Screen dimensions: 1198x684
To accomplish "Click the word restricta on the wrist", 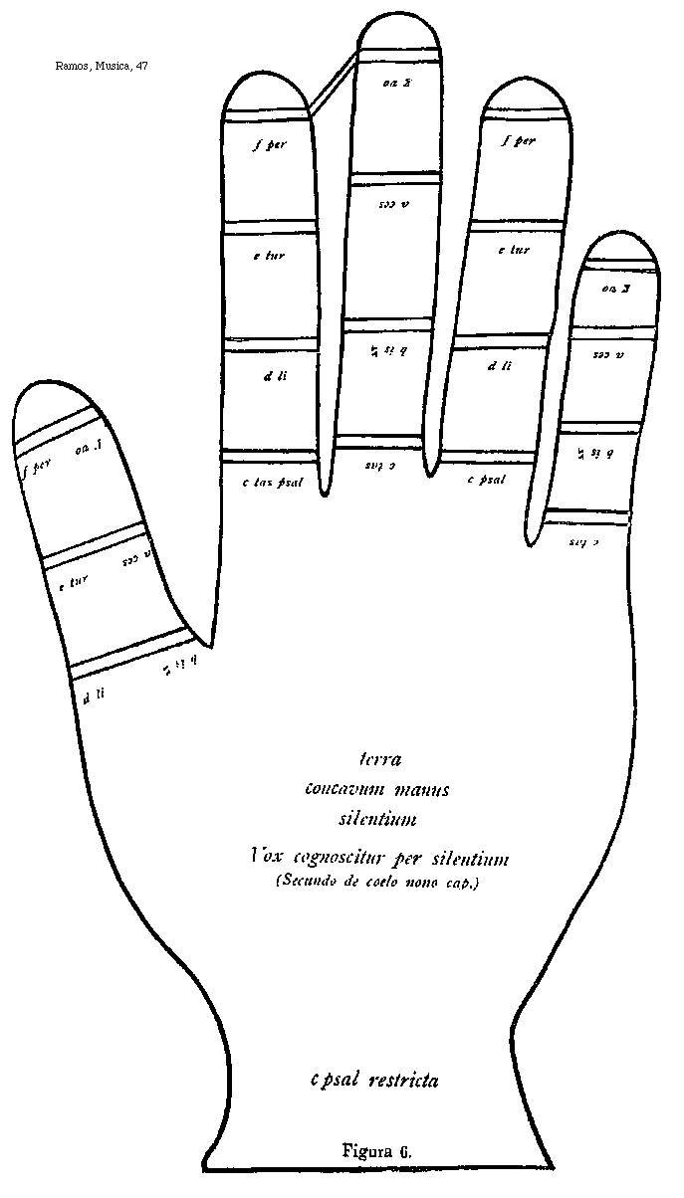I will click(x=403, y=1079).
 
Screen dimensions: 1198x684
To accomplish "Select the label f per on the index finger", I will click(x=270, y=145).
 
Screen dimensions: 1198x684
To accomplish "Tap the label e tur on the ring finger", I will click(x=513, y=250).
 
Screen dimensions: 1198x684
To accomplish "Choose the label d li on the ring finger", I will click(x=499, y=366).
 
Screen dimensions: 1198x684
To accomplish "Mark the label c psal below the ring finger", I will click(x=487, y=479).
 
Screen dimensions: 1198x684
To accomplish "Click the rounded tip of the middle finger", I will click(x=398, y=39).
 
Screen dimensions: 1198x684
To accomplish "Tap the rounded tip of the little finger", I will click(x=621, y=249).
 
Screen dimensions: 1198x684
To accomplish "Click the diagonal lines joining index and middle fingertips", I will click(x=334, y=82).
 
